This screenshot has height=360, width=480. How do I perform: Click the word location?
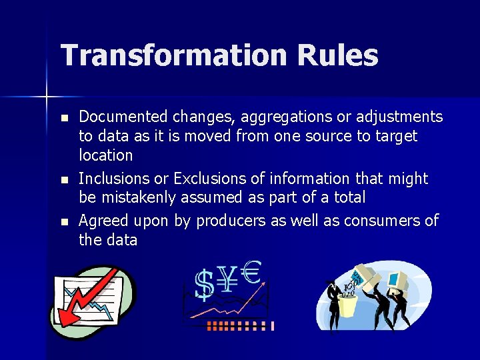(x=106, y=155)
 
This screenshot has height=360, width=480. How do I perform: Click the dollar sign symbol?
(x=205, y=284)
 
